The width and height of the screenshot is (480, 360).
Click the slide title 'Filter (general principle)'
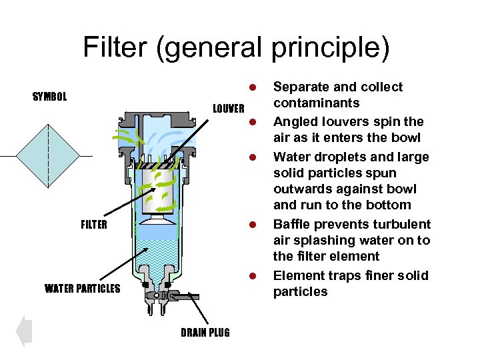[x=236, y=48]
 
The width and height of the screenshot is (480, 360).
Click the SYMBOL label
[x=50, y=97]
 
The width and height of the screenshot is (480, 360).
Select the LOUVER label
[x=229, y=109]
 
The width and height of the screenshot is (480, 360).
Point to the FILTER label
[x=93, y=225]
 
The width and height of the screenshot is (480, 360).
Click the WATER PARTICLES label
[x=82, y=289]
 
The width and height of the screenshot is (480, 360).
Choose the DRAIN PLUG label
[x=205, y=333]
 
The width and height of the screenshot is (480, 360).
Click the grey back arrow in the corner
[x=24, y=331]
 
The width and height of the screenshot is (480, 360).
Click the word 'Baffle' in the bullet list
[x=293, y=224]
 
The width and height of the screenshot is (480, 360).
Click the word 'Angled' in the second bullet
[x=295, y=121]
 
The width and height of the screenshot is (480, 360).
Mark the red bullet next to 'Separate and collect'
[x=253, y=87]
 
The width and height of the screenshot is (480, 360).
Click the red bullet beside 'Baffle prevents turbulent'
[x=253, y=225]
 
